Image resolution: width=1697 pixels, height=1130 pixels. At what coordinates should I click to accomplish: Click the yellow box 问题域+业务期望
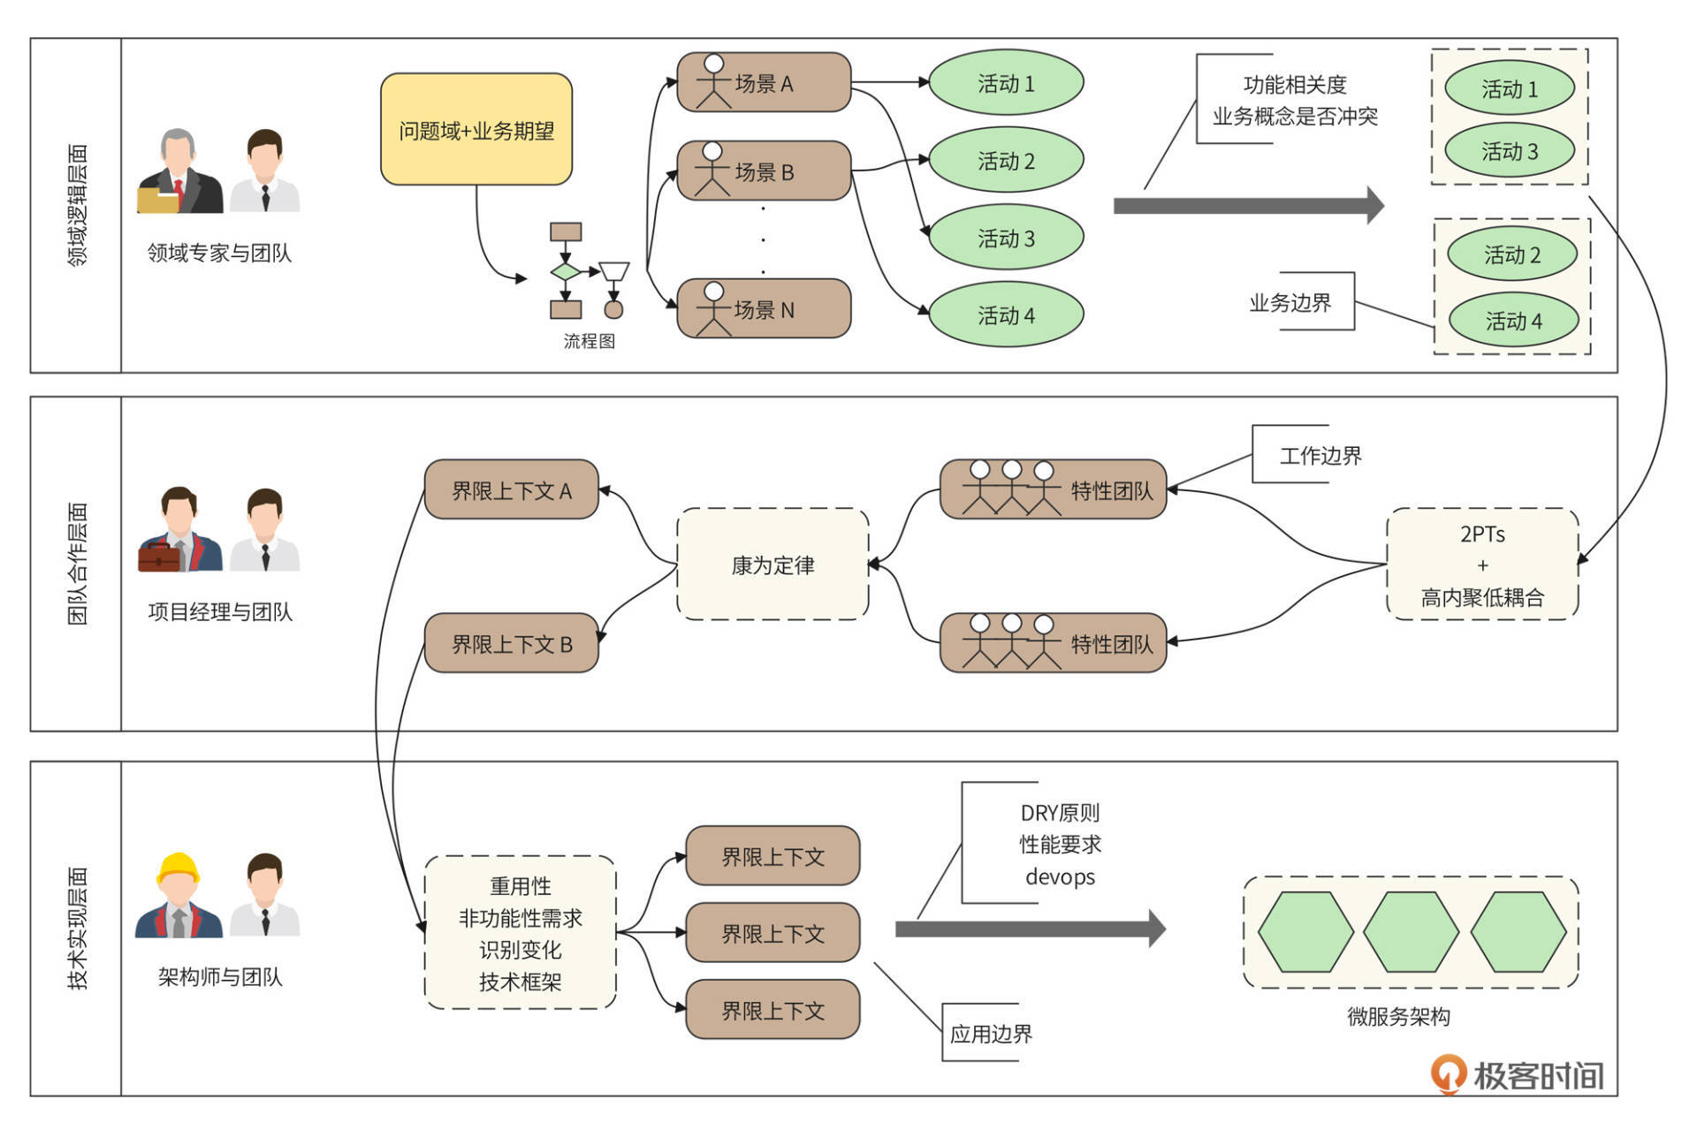[476, 130]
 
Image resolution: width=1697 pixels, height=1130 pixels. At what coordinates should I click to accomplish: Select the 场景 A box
[764, 83]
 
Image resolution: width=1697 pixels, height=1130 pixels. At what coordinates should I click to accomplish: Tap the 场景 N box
[764, 309]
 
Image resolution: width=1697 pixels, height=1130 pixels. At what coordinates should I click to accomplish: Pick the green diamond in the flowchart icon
[566, 271]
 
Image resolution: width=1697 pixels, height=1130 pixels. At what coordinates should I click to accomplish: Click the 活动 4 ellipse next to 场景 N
[1006, 315]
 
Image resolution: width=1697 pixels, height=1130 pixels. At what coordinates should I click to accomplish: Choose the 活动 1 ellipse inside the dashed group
[1509, 88]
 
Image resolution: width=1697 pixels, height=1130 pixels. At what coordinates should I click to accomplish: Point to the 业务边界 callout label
[1290, 302]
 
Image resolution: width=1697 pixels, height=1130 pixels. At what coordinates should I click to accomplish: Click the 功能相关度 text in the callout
[1295, 85]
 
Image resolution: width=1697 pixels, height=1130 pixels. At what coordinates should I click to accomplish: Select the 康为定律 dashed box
[772, 565]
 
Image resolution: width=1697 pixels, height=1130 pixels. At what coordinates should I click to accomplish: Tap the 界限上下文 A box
[512, 490]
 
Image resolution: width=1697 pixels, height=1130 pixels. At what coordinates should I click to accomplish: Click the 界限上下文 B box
[512, 644]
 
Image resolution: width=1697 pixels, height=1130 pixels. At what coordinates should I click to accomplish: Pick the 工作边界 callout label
[1320, 455]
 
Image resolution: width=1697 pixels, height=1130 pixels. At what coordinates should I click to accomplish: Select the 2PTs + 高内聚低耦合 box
[1482, 565]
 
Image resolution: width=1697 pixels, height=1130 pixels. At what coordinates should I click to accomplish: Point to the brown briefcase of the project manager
[159, 557]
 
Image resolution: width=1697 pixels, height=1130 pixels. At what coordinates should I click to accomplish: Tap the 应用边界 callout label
[991, 1033]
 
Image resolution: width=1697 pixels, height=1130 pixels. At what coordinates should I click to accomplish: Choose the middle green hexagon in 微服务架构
[1411, 932]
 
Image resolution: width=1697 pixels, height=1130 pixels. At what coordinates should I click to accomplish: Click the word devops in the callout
[1060, 876]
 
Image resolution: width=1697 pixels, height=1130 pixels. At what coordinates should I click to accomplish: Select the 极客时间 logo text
[1538, 1075]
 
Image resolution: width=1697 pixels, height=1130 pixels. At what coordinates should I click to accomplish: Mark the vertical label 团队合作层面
[78, 564]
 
